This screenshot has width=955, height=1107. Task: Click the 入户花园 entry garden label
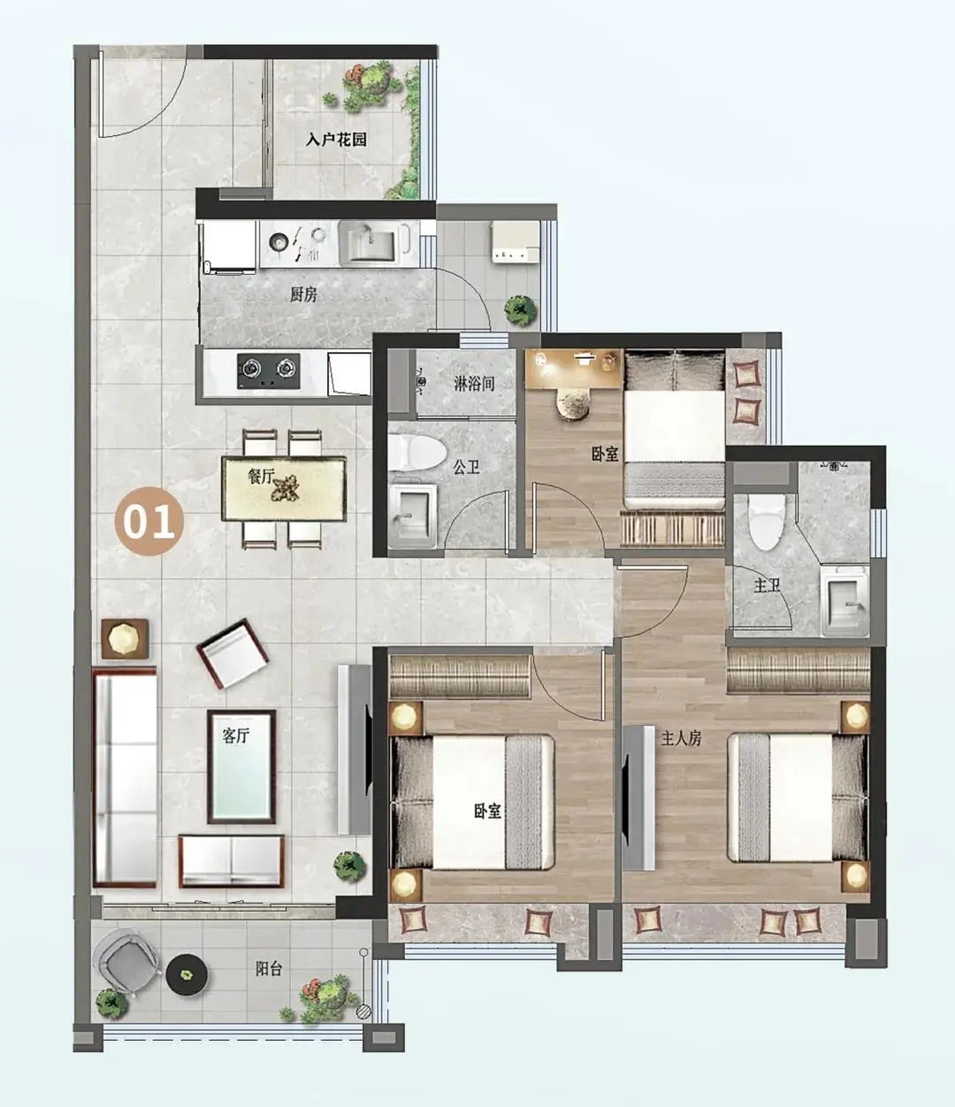[336, 140]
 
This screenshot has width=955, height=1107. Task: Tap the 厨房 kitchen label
[303, 294]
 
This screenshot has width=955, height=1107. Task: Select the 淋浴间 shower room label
[474, 384]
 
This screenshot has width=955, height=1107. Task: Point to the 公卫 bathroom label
[467, 467]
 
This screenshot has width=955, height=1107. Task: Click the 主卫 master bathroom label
[767, 586]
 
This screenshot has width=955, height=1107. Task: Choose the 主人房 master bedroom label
[681, 739]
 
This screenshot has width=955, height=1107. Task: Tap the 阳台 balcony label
[268, 969]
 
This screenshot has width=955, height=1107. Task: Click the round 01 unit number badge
[149, 521]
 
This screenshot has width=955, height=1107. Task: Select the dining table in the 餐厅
[284, 488]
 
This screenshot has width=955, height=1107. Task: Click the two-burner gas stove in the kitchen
[269, 370]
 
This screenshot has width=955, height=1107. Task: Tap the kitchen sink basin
[369, 244]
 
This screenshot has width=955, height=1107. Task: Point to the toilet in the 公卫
[416, 453]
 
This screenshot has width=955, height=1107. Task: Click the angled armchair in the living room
[233, 653]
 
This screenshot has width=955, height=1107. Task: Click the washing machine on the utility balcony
[515, 242]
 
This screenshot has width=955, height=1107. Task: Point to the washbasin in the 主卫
[844, 601]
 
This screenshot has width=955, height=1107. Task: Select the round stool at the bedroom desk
[576, 401]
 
